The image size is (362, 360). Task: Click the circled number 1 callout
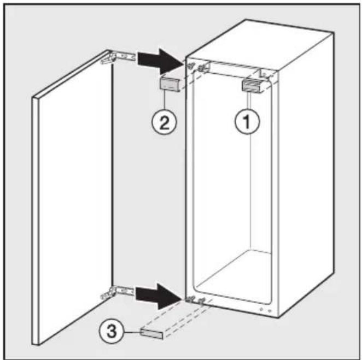point(247,121)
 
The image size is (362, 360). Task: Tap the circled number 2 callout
point(164,122)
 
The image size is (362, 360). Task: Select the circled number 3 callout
point(112,332)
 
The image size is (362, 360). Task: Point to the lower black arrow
point(158,296)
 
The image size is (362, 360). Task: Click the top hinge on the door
point(118,58)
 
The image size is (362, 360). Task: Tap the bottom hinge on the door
point(117,292)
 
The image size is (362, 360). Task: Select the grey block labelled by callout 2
point(170,85)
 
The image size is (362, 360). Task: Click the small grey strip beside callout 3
point(151,334)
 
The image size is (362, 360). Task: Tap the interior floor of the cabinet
point(233,274)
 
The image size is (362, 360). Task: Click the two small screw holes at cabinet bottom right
point(266,310)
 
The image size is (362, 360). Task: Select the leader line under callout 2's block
point(165,101)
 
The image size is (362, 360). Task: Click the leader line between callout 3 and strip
point(132,333)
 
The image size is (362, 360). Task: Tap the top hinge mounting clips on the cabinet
point(197,67)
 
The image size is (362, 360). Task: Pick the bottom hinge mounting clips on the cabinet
point(196,300)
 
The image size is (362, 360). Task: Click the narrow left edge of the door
point(35,221)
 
